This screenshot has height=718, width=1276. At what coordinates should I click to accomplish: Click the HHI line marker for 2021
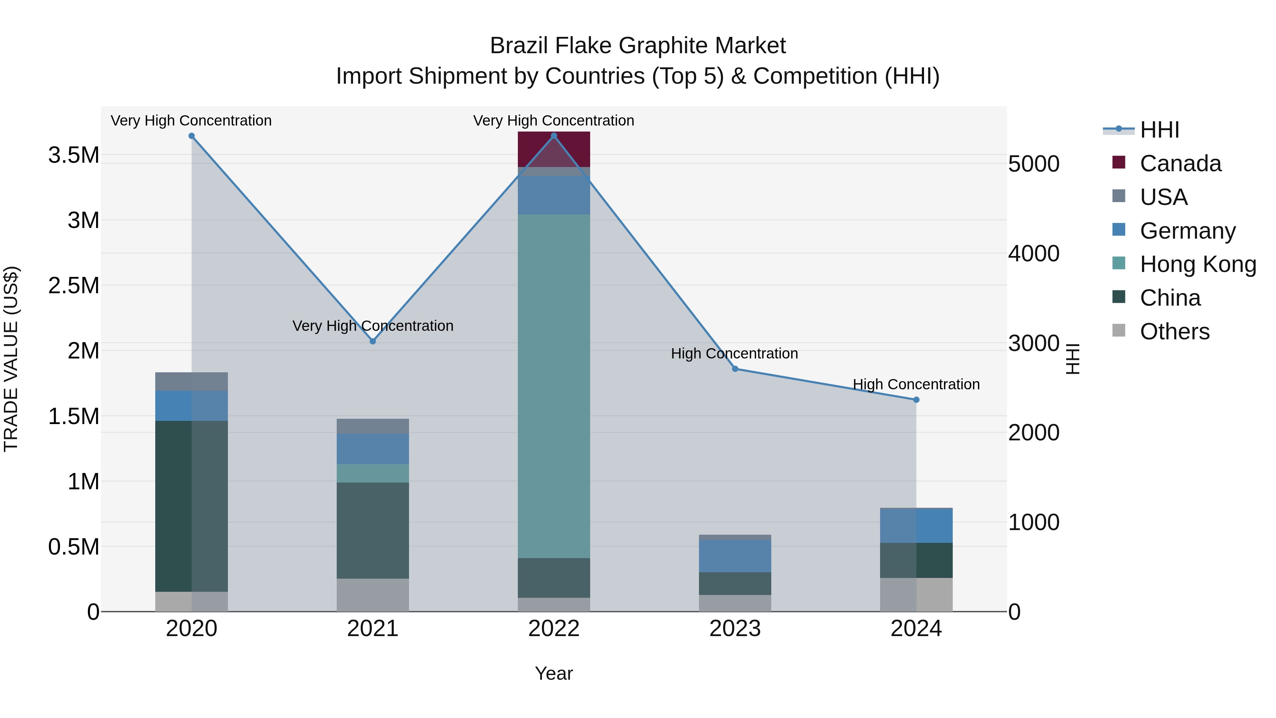pyautogui.click(x=373, y=341)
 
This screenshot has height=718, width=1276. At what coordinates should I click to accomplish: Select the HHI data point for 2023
pyautogui.click(x=735, y=369)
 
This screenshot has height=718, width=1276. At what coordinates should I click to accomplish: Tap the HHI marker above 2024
pyautogui.click(x=916, y=400)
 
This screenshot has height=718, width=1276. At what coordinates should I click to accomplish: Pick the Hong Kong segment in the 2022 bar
pyautogui.click(x=554, y=386)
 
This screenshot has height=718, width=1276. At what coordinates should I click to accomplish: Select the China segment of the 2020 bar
pyautogui.click(x=191, y=505)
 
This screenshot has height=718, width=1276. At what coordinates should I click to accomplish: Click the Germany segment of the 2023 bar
pyautogui.click(x=735, y=556)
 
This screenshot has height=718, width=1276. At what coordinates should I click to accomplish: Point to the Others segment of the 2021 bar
pyautogui.click(x=373, y=595)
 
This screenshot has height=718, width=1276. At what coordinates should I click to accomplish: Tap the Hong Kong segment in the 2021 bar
pyautogui.click(x=373, y=473)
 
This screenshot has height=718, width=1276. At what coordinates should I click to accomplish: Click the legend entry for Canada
pyautogui.click(x=1180, y=163)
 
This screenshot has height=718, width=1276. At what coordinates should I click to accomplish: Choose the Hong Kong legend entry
pyautogui.click(x=1198, y=264)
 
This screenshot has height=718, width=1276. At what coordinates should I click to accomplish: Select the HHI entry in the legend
pyautogui.click(x=1159, y=130)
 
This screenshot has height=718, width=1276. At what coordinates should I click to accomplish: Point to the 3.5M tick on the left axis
pyautogui.click(x=74, y=155)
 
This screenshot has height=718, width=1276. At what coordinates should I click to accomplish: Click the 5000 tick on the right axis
pyautogui.click(x=1034, y=164)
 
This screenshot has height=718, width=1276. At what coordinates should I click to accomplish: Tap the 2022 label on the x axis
pyautogui.click(x=554, y=629)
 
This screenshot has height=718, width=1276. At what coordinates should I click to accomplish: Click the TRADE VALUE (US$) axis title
pyautogui.click(x=11, y=359)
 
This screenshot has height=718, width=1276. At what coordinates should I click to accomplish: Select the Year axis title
pyautogui.click(x=554, y=673)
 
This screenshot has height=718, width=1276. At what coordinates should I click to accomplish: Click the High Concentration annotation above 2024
pyautogui.click(x=916, y=384)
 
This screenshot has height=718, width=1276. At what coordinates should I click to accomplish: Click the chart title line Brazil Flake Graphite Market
pyautogui.click(x=638, y=46)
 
